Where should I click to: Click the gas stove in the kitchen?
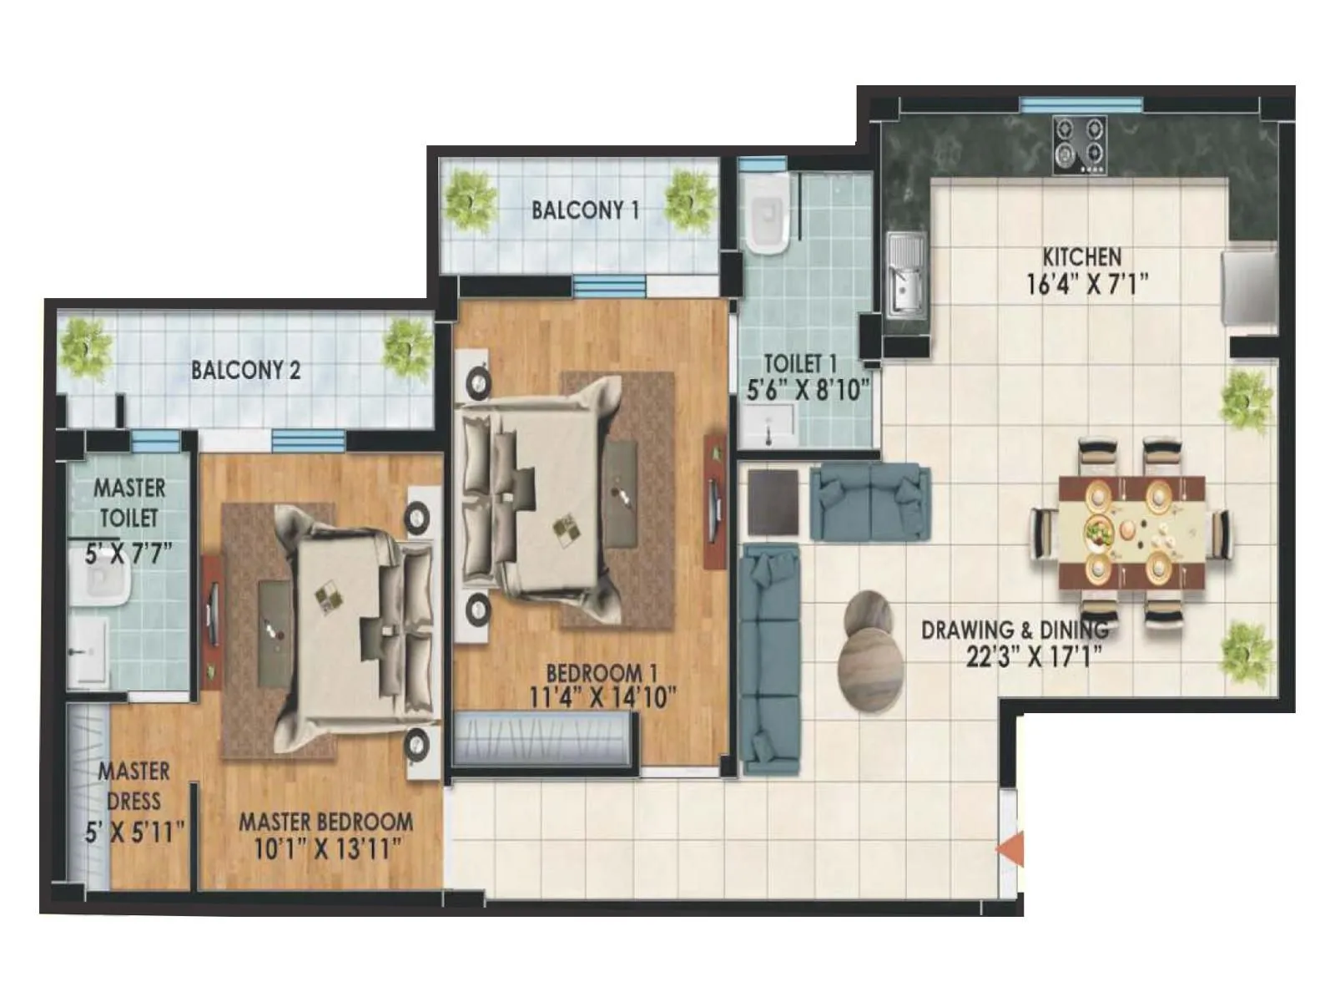[x=1079, y=144]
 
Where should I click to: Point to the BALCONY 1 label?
[x=585, y=210]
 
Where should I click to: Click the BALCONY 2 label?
[x=245, y=370]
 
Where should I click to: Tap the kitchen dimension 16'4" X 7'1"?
[x=1086, y=285]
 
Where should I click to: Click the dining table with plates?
[x=1131, y=532]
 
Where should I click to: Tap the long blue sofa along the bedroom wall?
[x=769, y=660]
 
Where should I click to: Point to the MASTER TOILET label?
[x=128, y=502]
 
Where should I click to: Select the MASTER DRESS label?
[x=133, y=786]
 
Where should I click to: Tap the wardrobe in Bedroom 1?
[x=543, y=739]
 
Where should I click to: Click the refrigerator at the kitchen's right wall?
[x=1247, y=286]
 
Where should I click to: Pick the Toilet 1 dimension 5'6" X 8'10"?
[x=807, y=389]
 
